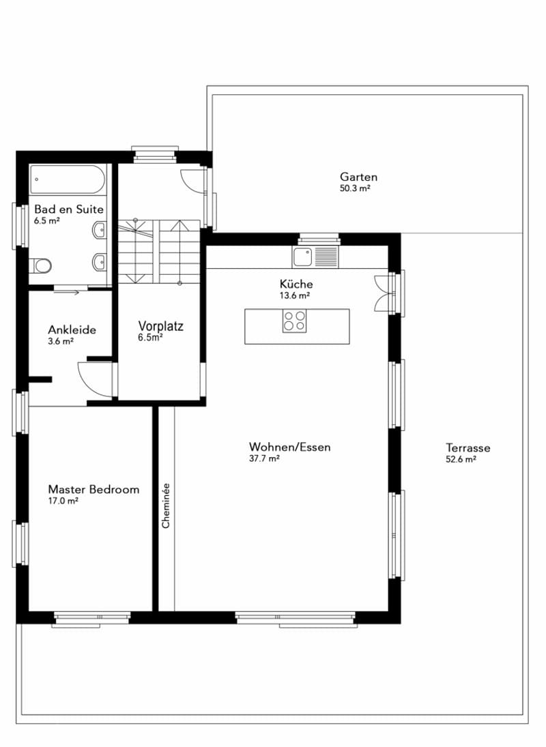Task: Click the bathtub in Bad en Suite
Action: pyautogui.click(x=68, y=179)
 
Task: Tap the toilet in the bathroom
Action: pyautogui.click(x=40, y=265)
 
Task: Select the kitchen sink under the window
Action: pyautogui.click(x=315, y=257)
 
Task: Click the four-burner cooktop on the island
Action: pyautogui.click(x=294, y=321)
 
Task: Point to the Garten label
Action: pyautogui.click(x=359, y=177)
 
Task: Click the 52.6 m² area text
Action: pyautogui.click(x=461, y=459)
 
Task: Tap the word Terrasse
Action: pyautogui.click(x=468, y=448)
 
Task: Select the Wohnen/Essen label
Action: pyautogui.click(x=289, y=447)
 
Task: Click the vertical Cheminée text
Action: pyautogui.click(x=166, y=506)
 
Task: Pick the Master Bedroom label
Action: pyautogui.click(x=94, y=489)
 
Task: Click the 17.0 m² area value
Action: pyautogui.click(x=63, y=501)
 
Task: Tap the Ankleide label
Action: pyautogui.click(x=72, y=329)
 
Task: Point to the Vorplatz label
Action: pyautogui.click(x=160, y=326)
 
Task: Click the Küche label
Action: pyautogui.click(x=296, y=284)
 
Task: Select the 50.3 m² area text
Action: pyautogui.click(x=355, y=188)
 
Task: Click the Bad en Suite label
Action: pyautogui.click(x=69, y=209)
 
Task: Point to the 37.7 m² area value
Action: pyautogui.click(x=264, y=458)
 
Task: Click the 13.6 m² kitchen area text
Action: pyautogui.click(x=295, y=295)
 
